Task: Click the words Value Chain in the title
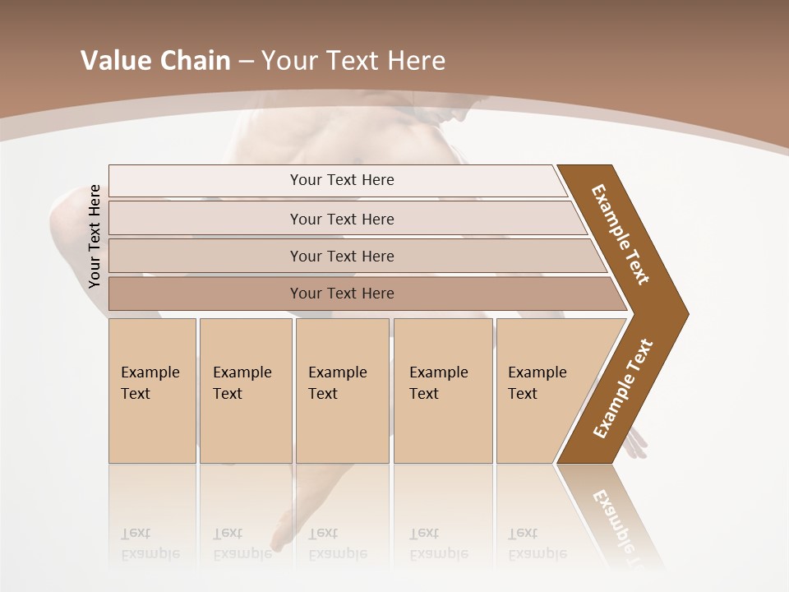pos(155,61)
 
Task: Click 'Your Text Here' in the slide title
pos(353,61)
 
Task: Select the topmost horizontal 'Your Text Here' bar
pos(341,180)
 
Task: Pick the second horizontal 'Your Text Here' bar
pos(341,219)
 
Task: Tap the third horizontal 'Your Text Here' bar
pos(341,256)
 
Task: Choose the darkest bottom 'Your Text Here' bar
pos(341,294)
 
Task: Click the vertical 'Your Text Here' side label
pos(95,236)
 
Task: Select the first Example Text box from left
pos(152,391)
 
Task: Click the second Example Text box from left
pos(245,391)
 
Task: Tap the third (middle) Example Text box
pos(341,391)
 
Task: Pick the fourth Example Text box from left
pos(442,391)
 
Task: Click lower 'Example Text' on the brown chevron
pos(623,388)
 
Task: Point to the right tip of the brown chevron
pos(685,313)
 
